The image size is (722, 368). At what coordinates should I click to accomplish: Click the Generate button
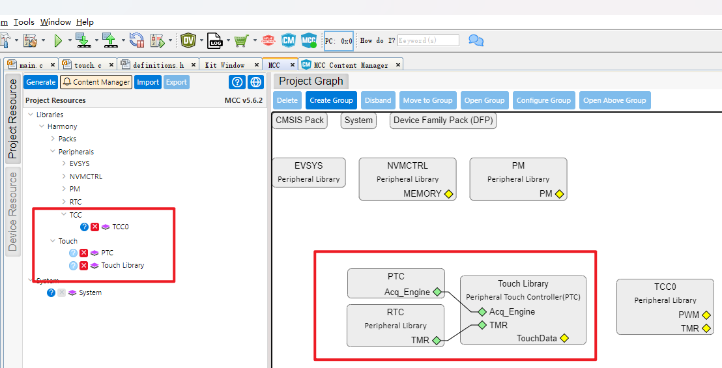[x=40, y=82]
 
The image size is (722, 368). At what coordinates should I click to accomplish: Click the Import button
[x=148, y=82]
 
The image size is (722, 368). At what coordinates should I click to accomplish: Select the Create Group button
[x=331, y=100]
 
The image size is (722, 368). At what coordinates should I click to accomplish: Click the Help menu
[x=85, y=21]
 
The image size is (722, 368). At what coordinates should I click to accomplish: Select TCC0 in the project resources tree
[x=120, y=227]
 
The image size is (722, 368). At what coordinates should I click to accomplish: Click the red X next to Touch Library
[x=84, y=266]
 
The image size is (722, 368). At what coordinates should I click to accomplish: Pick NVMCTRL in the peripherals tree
[x=86, y=176]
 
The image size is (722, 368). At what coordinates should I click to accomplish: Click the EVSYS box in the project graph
[x=309, y=173]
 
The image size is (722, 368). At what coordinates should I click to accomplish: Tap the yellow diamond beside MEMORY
[x=448, y=194]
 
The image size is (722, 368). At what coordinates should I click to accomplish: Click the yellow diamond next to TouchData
[x=564, y=339]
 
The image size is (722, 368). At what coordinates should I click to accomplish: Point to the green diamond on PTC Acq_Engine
[x=437, y=292]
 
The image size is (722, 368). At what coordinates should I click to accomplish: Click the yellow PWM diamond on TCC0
[x=706, y=315]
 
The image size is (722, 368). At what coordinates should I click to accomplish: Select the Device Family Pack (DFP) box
[x=443, y=120]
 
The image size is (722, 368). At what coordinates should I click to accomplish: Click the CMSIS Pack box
[x=300, y=120]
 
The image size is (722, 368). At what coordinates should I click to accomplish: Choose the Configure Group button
[x=543, y=100]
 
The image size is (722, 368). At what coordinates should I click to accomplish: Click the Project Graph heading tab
[x=311, y=81]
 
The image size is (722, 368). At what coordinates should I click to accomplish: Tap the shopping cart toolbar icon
[x=241, y=40]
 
